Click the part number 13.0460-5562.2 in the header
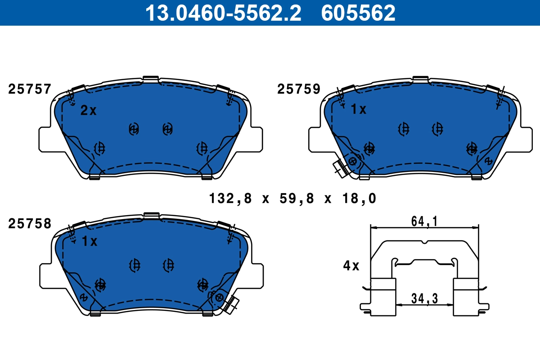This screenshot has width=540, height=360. [x=223, y=13]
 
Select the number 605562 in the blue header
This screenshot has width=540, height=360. [x=358, y=13]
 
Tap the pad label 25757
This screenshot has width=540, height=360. [x=30, y=89]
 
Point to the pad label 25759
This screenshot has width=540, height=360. [x=299, y=89]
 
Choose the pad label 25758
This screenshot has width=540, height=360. [x=30, y=224]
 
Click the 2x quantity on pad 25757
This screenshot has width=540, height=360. [x=88, y=110]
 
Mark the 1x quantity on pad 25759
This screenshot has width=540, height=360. [x=359, y=109]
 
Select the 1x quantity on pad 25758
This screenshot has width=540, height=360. [x=90, y=241]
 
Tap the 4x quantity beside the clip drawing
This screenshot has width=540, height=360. [x=351, y=265]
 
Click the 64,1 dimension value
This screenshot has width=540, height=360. [x=424, y=221]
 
